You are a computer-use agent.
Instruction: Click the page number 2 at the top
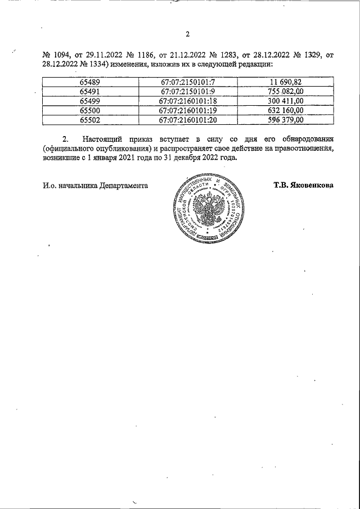187,34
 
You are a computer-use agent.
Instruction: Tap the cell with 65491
90,92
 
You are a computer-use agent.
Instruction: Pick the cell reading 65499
90,101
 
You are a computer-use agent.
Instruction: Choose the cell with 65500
90,110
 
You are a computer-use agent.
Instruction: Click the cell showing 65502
90,120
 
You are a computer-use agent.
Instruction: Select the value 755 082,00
285,92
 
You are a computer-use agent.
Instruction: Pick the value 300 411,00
285,101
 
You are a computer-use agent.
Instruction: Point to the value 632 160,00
285,110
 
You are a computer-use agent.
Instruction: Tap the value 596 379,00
285,120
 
